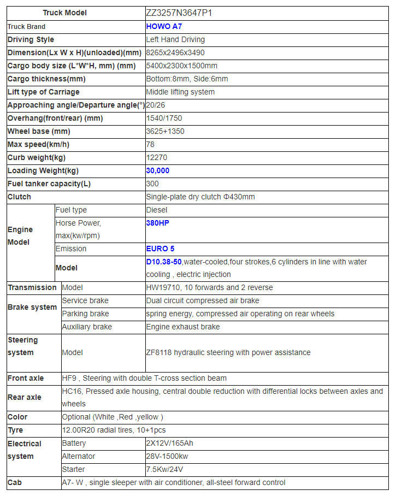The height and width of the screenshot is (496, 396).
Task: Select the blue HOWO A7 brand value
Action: tap(164, 26)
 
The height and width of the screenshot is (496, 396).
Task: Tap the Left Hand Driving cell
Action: tap(175, 39)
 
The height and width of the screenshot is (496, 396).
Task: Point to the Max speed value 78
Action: tap(151, 144)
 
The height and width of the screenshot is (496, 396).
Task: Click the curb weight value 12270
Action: tap(157, 157)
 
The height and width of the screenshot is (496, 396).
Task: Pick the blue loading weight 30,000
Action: tap(158, 170)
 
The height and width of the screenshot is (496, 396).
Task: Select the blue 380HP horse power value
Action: tap(158, 223)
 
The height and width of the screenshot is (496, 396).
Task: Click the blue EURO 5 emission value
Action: tap(161, 249)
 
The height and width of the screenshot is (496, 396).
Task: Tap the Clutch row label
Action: tap(20, 197)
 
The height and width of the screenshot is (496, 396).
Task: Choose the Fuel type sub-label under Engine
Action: tap(71, 210)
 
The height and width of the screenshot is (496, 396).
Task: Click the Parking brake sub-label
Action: tap(85, 314)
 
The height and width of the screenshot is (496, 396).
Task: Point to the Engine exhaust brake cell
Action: tap(183, 327)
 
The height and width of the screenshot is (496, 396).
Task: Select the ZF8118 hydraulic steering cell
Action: tap(228, 352)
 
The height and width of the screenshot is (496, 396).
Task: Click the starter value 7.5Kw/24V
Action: tap(164, 469)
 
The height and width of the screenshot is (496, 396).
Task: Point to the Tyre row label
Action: tap(15, 430)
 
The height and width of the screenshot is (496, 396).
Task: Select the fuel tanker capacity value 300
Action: tap(152, 184)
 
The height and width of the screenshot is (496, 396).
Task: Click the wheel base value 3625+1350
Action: tap(166, 131)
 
